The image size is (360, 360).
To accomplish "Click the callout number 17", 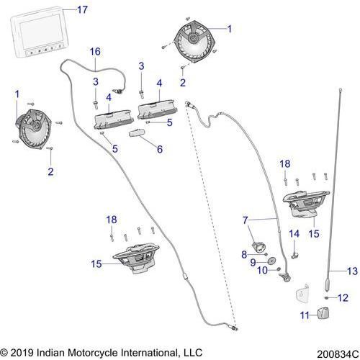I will (82, 9).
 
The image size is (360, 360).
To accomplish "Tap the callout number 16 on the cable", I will (95, 52).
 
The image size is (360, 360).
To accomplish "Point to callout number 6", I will (159, 150).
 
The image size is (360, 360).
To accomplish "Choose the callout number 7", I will (246, 219).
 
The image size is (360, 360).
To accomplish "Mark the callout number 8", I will (244, 254).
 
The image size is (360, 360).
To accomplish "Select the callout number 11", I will (304, 314).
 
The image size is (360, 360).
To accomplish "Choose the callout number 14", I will (293, 234).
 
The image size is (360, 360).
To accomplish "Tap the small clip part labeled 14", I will (295, 251).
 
